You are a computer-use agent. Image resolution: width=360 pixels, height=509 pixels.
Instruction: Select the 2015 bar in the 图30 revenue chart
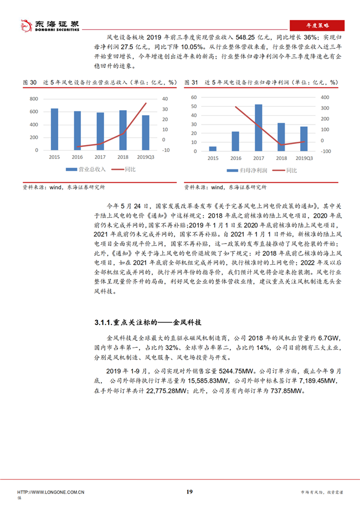(x=54, y=129)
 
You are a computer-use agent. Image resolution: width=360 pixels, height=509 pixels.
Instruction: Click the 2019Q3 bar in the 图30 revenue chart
(x=146, y=132)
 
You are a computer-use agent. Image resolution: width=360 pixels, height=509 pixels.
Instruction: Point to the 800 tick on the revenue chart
(x=33, y=99)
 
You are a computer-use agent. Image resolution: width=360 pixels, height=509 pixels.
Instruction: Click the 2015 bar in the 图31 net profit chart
(x=213, y=148)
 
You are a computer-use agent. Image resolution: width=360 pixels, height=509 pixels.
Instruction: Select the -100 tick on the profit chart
(x=326, y=151)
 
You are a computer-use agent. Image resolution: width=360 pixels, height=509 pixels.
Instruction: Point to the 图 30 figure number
(x=30, y=82)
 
